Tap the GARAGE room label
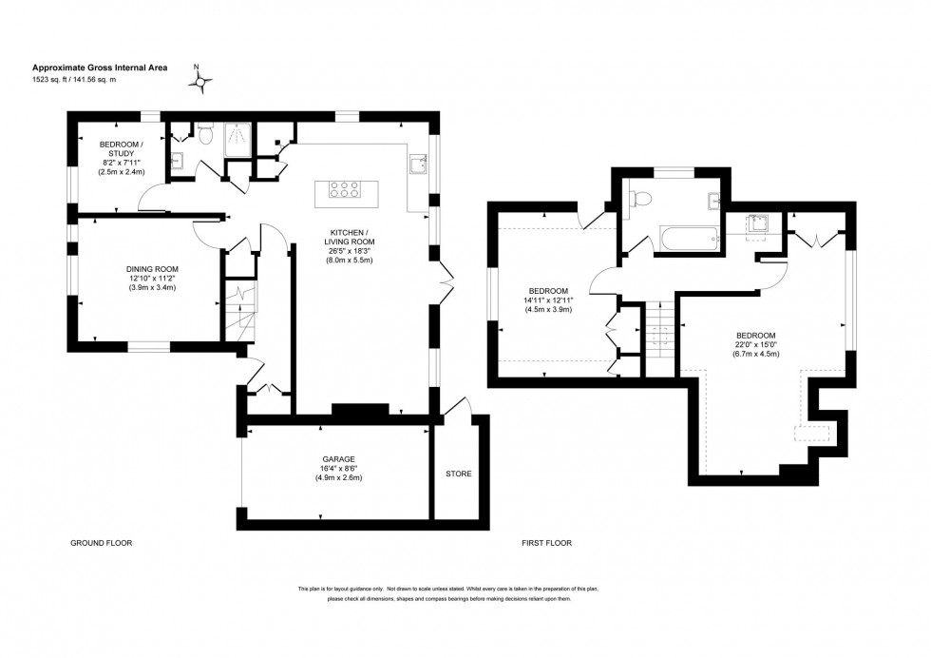(337, 458)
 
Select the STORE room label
(459, 474)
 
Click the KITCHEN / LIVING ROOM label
(350, 238)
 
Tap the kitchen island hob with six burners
(345, 190)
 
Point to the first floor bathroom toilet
(642, 199)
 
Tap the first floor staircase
(659, 333)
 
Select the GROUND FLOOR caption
(102, 543)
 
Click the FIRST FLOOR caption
(546, 543)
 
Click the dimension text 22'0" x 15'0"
(755, 345)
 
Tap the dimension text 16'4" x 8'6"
(337, 468)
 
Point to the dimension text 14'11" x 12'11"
(548, 300)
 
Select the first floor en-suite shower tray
(757, 225)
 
